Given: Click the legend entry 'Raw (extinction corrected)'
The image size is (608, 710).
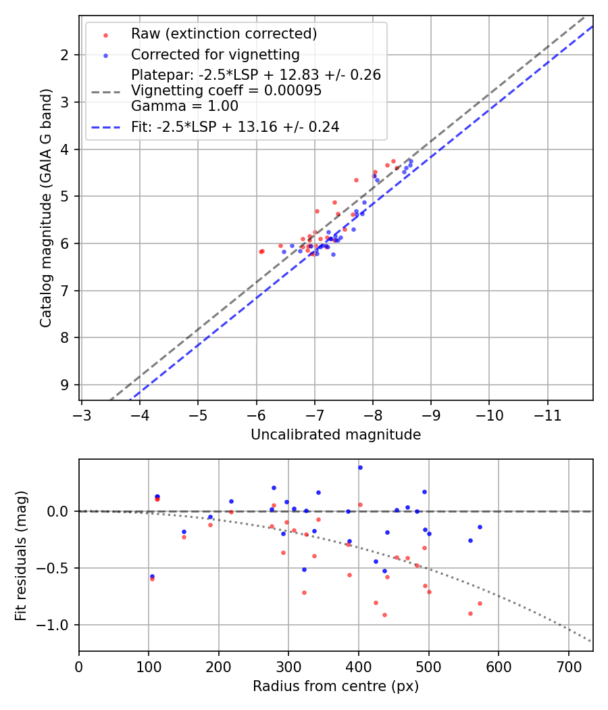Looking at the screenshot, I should (224, 34).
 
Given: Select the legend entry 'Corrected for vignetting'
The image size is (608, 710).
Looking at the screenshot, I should (215, 55).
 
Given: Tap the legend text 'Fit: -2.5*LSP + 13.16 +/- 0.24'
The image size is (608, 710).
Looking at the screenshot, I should (234, 126).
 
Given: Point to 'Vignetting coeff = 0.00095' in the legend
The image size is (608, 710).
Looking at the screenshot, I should (226, 91).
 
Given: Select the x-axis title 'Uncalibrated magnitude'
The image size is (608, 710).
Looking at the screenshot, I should (336, 435).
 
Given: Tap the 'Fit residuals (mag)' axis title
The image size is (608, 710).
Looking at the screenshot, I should (21, 555).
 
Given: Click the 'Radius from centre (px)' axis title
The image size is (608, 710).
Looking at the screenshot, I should (336, 686).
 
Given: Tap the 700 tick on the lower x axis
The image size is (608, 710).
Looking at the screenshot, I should (568, 666).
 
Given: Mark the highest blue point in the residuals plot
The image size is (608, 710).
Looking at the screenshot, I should (360, 467).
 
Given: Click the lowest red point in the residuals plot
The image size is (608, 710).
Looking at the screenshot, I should (384, 615).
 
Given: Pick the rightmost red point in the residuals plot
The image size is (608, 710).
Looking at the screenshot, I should (480, 603).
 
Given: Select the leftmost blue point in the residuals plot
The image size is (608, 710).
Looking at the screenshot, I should (152, 576).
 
